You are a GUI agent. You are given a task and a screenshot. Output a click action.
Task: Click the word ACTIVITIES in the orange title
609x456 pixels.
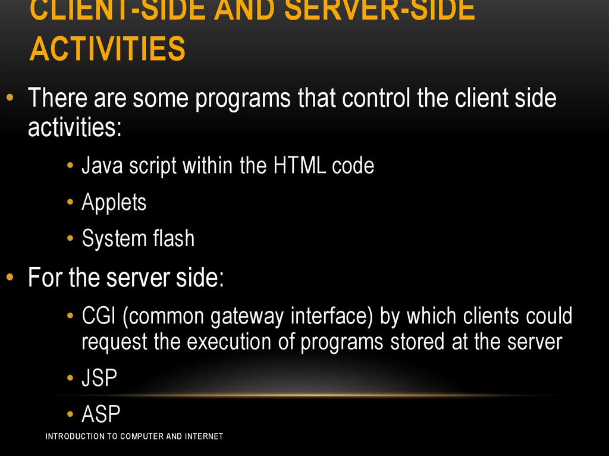(107, 49)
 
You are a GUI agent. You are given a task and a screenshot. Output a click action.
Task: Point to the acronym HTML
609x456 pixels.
(300, 165)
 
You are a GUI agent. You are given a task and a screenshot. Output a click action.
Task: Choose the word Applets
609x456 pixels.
(114, 203)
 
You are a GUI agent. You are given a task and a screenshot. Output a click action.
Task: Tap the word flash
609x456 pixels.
(173, 239)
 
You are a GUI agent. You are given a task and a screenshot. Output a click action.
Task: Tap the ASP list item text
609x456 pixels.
(101, 414)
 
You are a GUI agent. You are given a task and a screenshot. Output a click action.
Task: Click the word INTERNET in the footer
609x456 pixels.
(203, 436)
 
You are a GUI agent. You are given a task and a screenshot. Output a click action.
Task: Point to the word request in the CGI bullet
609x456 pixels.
(112, 342)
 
